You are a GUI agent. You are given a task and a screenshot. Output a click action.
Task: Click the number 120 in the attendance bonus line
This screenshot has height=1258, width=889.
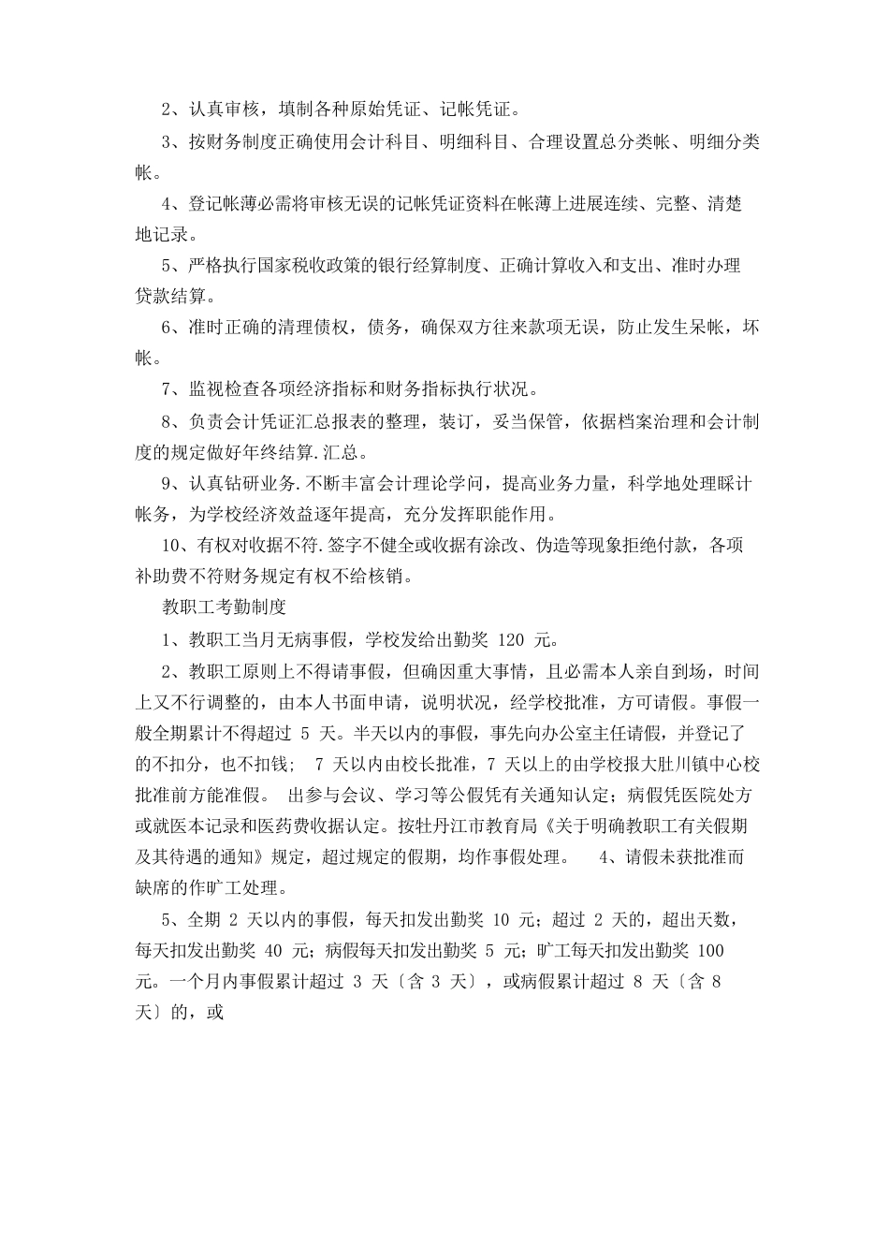pyautogui.click(x=513, y=640)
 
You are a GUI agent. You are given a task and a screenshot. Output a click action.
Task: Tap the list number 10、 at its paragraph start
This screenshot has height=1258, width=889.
pyautogui.click(x=173, y=545)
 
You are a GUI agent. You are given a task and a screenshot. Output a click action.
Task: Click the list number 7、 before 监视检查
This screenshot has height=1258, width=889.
pyautogui.click(x=169, y=388)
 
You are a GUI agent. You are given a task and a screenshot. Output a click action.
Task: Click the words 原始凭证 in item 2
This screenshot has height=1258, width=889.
pyautogui.click(x=372, y=110)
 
